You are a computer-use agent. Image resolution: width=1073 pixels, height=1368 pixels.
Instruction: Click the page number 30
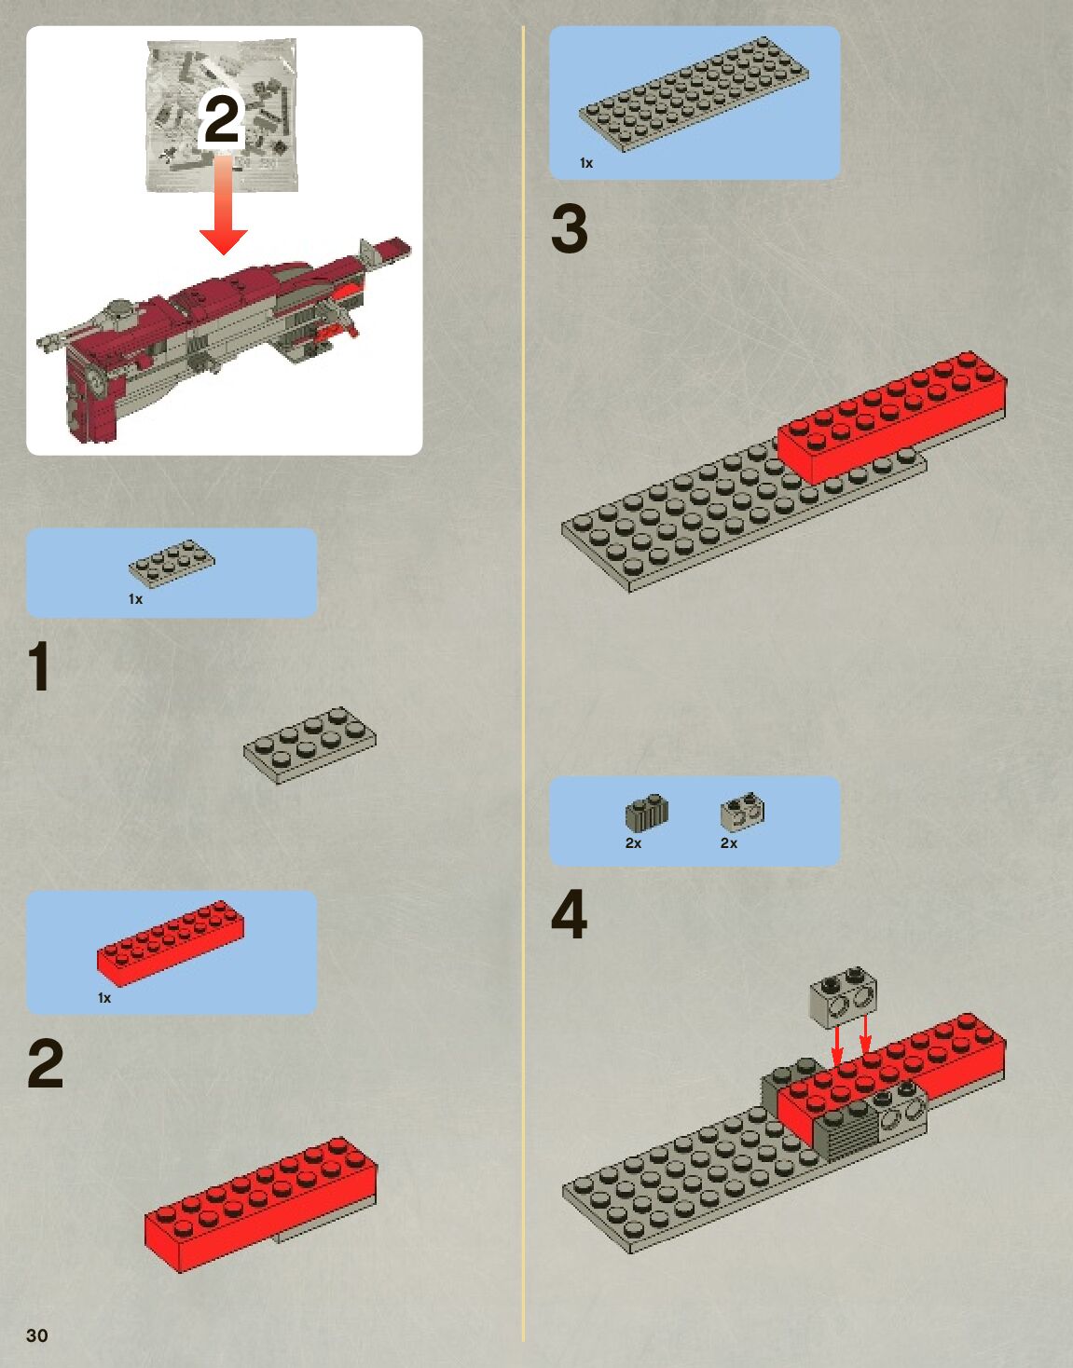[x=37, y=1334]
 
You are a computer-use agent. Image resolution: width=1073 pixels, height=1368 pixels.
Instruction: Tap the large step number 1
[x=40, y=665]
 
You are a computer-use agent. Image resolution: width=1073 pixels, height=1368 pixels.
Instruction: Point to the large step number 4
[x=570, y=914]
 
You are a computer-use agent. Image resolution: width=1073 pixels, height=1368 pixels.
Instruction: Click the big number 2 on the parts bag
[x=220, y=118]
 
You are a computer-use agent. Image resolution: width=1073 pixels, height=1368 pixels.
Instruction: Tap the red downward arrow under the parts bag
[x=224, y=204]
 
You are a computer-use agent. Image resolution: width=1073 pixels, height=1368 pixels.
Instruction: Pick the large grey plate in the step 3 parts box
[x=694, y=94]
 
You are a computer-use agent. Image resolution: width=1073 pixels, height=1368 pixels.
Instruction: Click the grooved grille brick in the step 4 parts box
[x=647, y=812]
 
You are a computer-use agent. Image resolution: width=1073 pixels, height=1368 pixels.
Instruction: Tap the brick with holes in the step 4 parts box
[x=742, y=812]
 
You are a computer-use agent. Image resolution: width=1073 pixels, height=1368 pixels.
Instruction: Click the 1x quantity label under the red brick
[x=104, y=998]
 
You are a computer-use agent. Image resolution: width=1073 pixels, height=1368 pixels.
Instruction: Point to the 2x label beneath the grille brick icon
[x=634, y=843]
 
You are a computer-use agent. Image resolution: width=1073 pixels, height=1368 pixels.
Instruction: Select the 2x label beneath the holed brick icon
[x=729, y=843]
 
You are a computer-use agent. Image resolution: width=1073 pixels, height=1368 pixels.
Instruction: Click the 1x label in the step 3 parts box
[x=586, y=164]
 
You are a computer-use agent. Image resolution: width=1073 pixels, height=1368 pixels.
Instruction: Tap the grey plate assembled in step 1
[x=310, y=745]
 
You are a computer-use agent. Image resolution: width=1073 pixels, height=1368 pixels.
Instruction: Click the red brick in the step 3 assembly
[x=892, y=417]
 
